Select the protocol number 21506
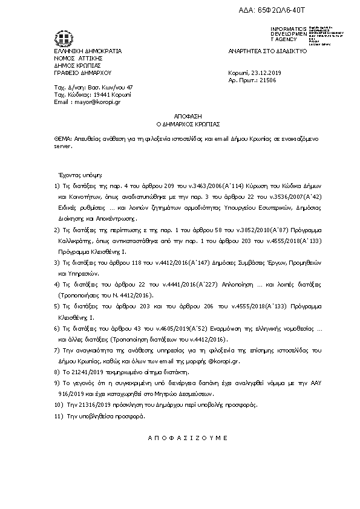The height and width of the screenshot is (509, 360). tap(267, 80)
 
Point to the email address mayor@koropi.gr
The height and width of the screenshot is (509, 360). tap(97, 102)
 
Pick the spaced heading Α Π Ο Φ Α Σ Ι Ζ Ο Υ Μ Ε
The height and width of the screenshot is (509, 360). tap(178, 436)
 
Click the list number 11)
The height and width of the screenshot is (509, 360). tap(59, 417)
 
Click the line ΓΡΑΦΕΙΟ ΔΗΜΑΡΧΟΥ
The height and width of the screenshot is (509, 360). tap(79, 73)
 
